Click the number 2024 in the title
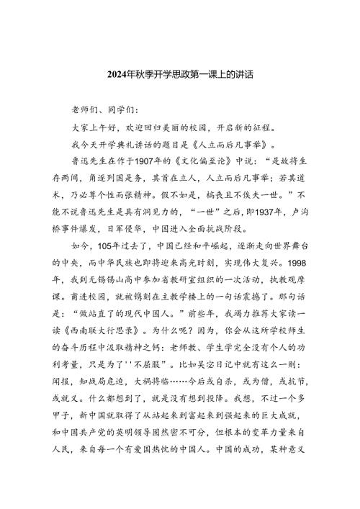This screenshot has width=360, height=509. (x=117, y=74)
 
